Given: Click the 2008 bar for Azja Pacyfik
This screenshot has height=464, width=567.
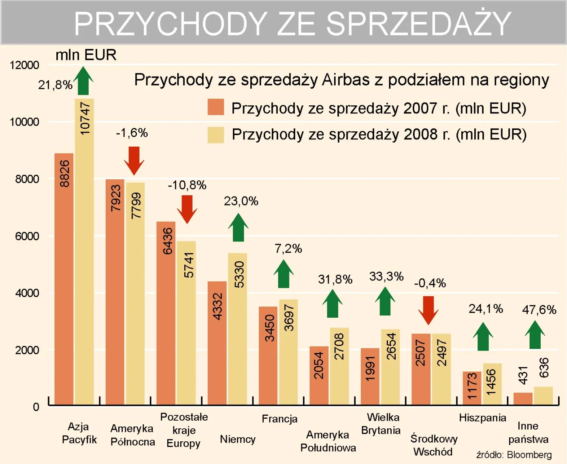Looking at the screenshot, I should [x=84, y=251].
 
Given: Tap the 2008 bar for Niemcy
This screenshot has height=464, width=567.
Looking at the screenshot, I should [x=237, y=328].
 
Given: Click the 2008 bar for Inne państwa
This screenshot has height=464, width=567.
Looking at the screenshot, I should [x=543, y=396].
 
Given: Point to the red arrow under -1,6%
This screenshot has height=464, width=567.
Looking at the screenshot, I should [x=134, y=160].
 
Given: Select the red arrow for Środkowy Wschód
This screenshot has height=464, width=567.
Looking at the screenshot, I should [x=428, y=310].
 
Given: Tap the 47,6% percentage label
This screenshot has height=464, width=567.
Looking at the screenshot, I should [x=539, y=310].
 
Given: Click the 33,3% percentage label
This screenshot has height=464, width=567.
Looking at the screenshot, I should [x=386, y=277].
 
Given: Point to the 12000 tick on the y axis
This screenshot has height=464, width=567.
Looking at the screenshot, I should [x=24, y=65].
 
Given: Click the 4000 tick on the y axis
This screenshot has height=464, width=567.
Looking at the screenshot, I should [x=27, y=293].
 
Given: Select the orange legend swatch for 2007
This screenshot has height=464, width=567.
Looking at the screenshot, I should [x=216, y=107].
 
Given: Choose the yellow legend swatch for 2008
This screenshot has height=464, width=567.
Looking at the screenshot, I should [x=216, y=135].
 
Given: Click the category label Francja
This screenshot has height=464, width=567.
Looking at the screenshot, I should [x=279, y=419].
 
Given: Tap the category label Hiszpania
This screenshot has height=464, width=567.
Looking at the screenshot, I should [x=482, y=418].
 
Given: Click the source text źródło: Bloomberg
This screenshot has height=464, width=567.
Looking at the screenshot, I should [x=514, y=455].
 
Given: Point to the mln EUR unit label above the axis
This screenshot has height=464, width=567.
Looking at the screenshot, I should [x=86, y=55].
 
